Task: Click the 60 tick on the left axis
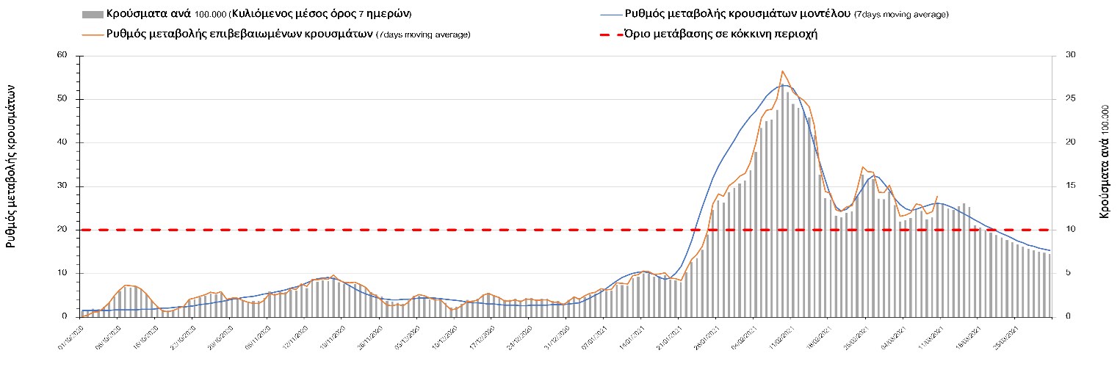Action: [x=62, y=56]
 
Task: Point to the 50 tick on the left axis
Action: [x=62, y=99]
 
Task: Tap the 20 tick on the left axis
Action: [x=62, y=230]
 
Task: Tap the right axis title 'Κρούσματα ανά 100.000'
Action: [x=1104, y=161]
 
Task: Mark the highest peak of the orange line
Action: [x=783, y=71]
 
